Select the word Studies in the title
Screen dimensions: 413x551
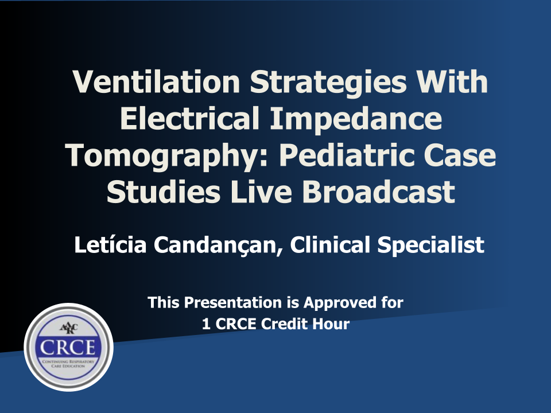click(x=159, y=193)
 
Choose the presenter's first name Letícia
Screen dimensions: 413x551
click(x=108, y=245)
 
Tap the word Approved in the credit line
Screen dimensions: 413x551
click(x=336, y=302)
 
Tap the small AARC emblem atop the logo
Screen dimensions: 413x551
click(x=68, y=328)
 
